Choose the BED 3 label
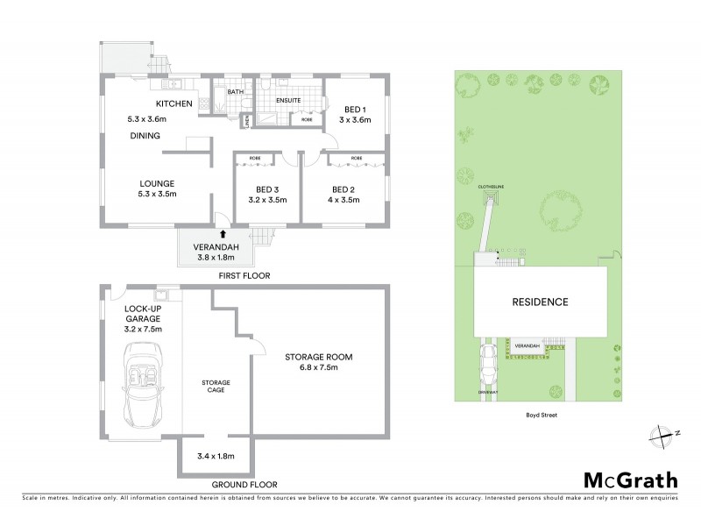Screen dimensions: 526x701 point(267,189)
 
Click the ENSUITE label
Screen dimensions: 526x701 point(288,101)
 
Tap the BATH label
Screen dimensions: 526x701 point(235,92)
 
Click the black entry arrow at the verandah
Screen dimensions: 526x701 point(223,234)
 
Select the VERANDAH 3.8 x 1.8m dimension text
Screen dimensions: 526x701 point(215,253)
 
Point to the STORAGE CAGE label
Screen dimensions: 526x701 point(216,387)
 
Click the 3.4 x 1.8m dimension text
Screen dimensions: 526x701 point(215,456)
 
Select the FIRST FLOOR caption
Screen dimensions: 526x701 point(244,276)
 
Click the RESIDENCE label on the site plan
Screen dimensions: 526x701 point(541,302)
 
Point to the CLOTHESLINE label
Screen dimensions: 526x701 point(491,187)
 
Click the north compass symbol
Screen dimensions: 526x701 point(664,433)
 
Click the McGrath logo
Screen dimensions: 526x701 point(630,480)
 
